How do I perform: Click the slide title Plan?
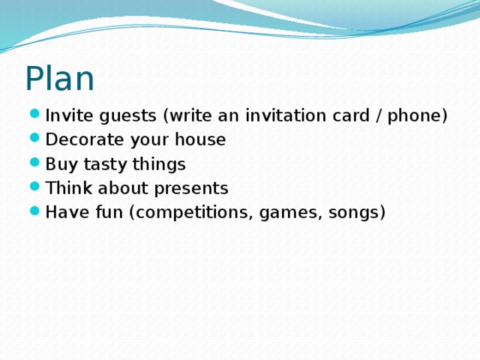point(59,79)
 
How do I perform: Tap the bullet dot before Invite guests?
point(36,116)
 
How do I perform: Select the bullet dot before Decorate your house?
point(36,140)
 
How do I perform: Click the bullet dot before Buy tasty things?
point(36,164)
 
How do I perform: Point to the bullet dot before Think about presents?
point(36,188)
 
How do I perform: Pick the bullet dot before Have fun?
point(36,212)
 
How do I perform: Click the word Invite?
point(65,115)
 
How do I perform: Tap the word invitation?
point(285,115)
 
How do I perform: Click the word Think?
point(67,187)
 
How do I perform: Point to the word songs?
point(355,213)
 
